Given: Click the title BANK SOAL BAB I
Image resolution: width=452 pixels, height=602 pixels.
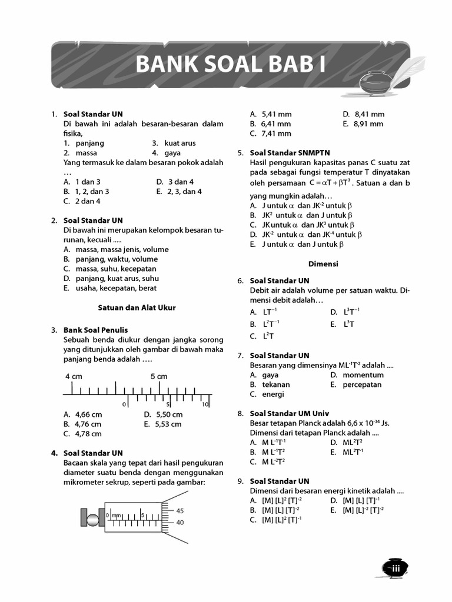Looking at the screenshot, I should click(230, 64).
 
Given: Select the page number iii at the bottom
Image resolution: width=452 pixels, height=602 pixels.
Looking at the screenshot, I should click(395, 568).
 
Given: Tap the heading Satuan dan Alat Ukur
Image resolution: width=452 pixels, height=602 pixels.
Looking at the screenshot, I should click(137, 307).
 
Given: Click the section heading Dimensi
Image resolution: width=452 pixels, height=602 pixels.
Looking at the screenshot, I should click(323, 264).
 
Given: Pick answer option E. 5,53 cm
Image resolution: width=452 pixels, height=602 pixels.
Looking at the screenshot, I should click(162, 424).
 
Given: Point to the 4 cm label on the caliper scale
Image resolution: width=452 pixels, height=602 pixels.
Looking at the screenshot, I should click(74, 376).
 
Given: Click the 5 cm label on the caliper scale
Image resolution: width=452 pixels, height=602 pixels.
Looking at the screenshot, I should click(158, 376).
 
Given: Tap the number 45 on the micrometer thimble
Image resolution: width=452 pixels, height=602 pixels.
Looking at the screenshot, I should click(180, 511).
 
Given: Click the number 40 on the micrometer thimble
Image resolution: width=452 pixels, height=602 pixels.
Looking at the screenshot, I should click(180, 522).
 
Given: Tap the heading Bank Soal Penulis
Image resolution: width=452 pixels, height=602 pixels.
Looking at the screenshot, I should click(95, 330).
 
